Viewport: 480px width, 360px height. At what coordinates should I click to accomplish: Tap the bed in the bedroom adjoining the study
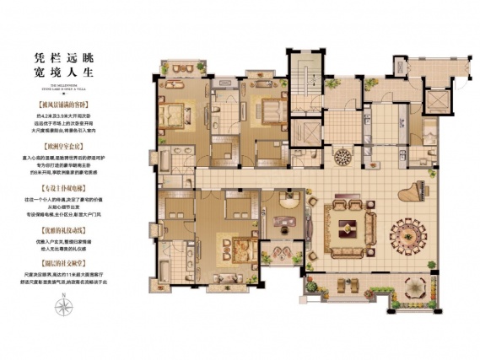(229, 245)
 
